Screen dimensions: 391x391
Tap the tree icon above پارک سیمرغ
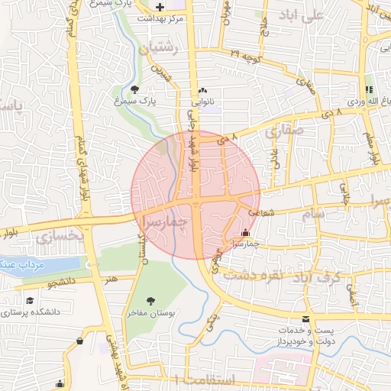tap(135, 89)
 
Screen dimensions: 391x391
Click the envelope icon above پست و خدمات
tap(306, 318)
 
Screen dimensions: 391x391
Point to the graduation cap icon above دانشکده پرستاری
tap(30, 301)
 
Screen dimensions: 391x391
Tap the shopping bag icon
tap(80, 341)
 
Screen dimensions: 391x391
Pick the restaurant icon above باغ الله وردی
tap(370, 89)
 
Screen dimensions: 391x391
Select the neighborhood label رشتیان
tap(159, 47)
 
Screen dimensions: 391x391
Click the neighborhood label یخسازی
tap(58, 237)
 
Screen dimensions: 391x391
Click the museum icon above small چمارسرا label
tap(245, 232)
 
